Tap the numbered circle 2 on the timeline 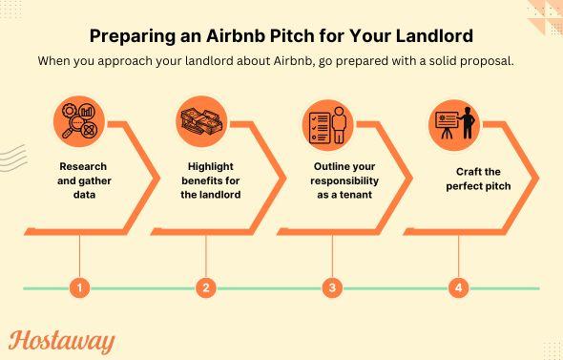tap(206, 287)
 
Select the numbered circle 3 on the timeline tap(332, 287)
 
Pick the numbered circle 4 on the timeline tap(459, 287)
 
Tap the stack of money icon tap(201, 122)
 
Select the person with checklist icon tap(327, 122)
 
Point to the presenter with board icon tap(454, 122)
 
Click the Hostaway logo tap(62, 341)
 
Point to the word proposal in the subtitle tap(493, 61)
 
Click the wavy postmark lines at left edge tap(11, 159)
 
